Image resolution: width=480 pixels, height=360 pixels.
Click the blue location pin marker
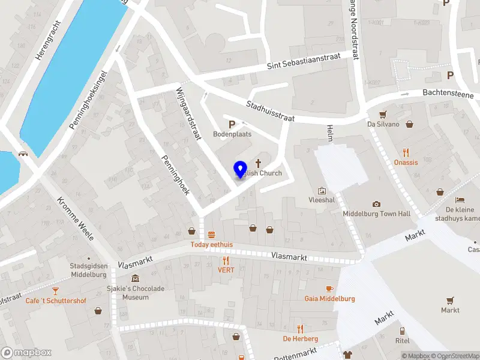(x=240, y=169)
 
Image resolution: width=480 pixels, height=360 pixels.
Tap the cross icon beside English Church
(x=259, y=163)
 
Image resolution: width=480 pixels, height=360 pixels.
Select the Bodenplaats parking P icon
(x=232, y=124)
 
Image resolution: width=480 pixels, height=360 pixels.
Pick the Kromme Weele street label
(x=75, y=218)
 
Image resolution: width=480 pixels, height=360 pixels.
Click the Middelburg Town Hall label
(x=376, y=214)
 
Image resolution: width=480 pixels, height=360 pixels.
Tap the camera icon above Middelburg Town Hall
(x=376, y=204)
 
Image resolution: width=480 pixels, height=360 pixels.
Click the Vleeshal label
(x=321, y=200)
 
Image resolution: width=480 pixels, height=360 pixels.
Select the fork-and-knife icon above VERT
(x=226, y=260)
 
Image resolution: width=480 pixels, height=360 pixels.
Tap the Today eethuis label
(x=211, y=244)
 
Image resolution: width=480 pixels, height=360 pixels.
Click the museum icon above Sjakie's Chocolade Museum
(x=135, y=278)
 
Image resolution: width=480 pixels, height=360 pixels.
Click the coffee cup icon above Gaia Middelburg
(x=329, y=289)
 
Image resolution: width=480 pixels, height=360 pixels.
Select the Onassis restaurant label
(x=406, y=162)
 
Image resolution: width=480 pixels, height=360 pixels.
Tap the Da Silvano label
(x=383, y=124)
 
